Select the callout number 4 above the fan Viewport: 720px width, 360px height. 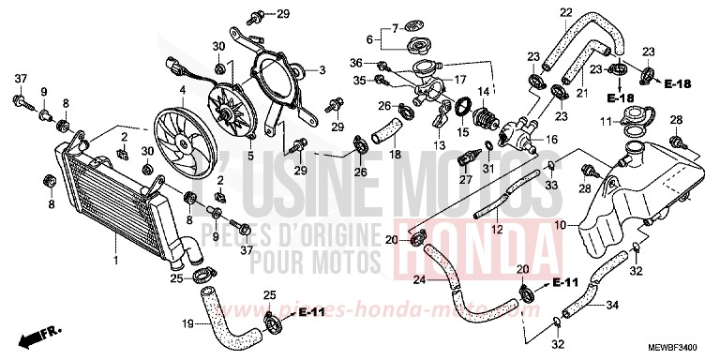tap(184, 90)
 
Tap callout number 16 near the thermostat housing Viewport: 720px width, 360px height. tap(551, 139)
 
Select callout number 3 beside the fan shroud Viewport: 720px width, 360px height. tap(322, 69)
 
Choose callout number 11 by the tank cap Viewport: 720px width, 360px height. tap(606, 122)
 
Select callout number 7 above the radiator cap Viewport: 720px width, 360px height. tap(396, 26)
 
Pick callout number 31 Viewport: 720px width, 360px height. tap(487, 169)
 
